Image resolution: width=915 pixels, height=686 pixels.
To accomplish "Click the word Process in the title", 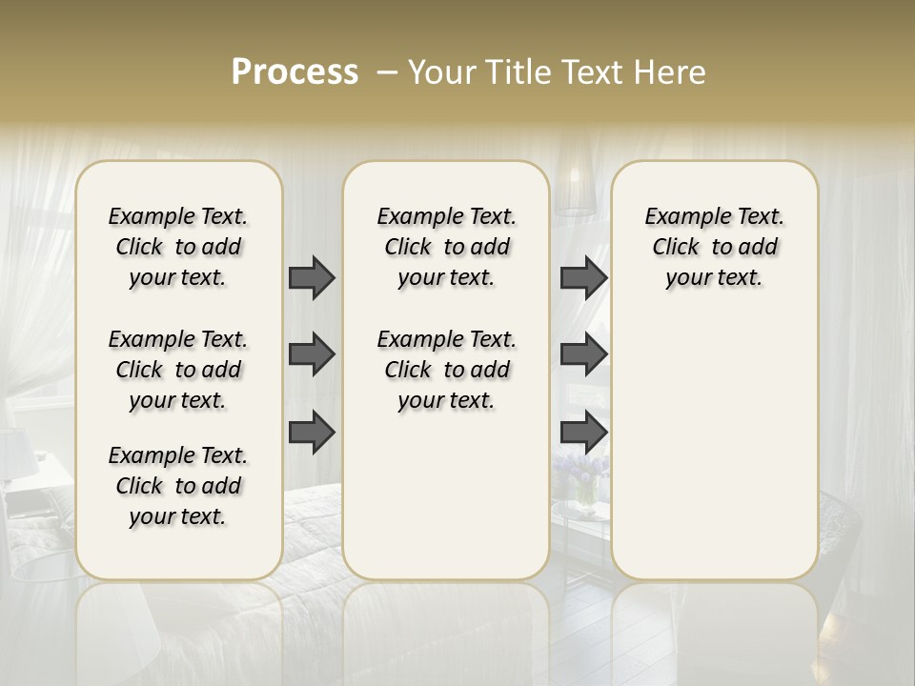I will coord(295,72).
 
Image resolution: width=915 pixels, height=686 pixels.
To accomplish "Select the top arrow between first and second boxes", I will coord(312,277).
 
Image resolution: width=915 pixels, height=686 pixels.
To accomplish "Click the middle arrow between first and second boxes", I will coord(312,354).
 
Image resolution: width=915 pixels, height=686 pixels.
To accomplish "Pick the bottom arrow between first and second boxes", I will coord(312,432).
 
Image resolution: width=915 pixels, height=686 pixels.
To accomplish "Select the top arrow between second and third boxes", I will coord(583,277).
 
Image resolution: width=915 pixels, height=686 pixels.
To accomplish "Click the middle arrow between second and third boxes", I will coord(583,354).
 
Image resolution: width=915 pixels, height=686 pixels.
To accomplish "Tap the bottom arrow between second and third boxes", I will coord(583,432).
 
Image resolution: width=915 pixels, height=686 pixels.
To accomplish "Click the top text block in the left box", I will coord(178,247).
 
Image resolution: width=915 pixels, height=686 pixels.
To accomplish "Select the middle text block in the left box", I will coord(178,370).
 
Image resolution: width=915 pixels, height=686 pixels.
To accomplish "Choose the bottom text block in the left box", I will coord(178,486).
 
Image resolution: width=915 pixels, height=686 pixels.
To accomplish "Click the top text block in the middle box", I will coord(446,247).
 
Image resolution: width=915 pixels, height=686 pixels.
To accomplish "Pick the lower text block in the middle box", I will coord(446,370).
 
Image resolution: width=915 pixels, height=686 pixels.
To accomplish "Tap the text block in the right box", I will coord(714,247).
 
